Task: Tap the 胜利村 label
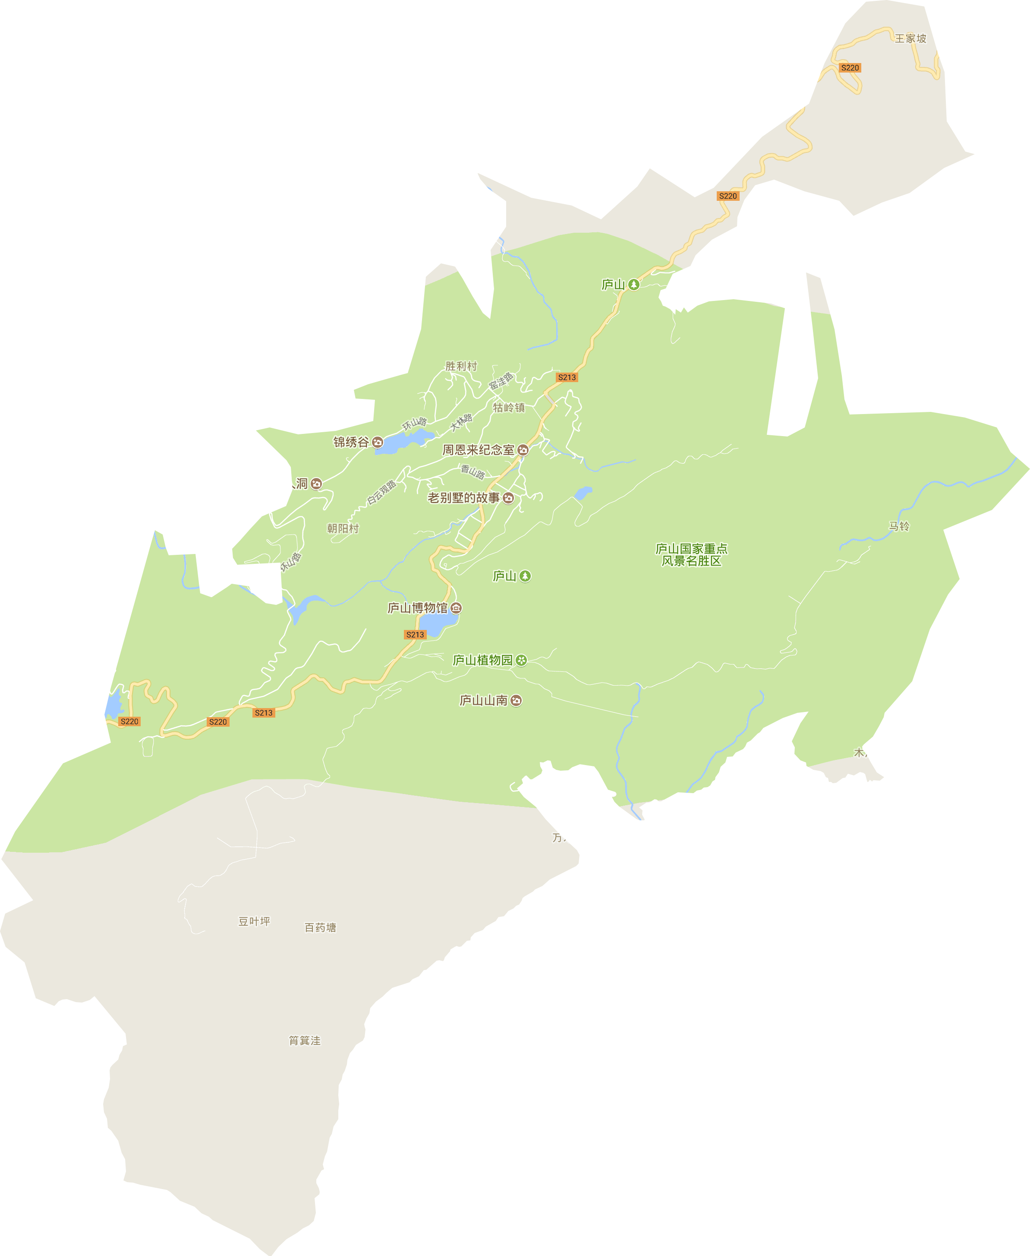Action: (x=461, y=366)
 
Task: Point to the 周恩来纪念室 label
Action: (x=478, y=450)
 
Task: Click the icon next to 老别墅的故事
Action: (x=508, y=498)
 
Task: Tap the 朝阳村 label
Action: (x=343, y=528)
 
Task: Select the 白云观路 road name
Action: (x=381, y=492)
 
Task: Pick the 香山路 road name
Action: (x=473, y=472)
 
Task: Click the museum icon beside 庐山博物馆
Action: (x=456, y=608)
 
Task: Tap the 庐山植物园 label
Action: (x=482, y=660)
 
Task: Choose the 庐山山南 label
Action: (x=484, y=700)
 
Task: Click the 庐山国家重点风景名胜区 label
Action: (x=691, y=554)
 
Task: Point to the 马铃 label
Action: (x=899, y=526)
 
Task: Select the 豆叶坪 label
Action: (x=254, y=921)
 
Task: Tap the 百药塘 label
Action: (x=320, y=927)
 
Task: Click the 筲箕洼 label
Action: (x=304, y=1041)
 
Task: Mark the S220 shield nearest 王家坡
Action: (x=850, y=68)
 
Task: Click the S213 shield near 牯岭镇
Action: (x=567, y=377)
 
